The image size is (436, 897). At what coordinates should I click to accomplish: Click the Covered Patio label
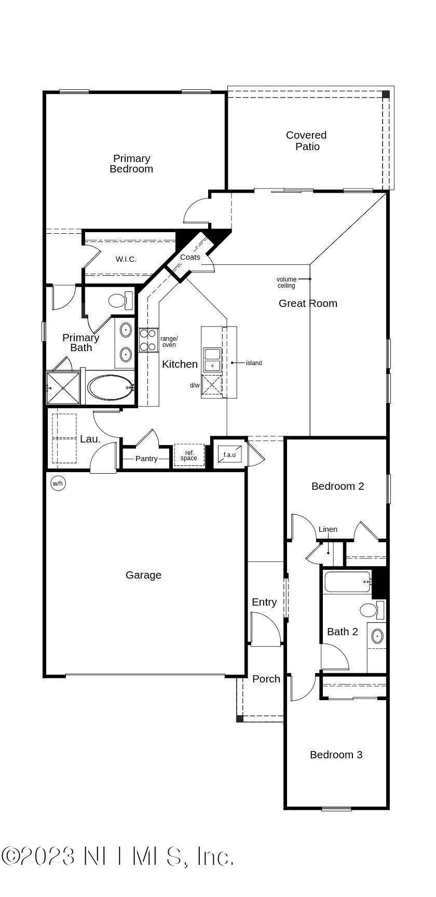coord(307,141)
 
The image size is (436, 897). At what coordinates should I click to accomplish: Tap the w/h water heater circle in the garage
coord(57,484)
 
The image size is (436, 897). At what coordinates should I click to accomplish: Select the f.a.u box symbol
coord(229,454)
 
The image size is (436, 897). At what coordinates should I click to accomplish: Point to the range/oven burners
coord(148,340)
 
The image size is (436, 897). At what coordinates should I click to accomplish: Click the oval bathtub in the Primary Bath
coord(110,387)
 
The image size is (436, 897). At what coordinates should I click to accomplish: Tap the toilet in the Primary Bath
coord(119,300)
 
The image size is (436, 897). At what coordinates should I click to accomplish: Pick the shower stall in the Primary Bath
coord(63,387)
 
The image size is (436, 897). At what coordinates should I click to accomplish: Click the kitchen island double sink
coord(212,360)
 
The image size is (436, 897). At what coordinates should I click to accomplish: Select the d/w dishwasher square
coord(212,385)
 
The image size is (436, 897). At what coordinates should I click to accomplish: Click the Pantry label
coord(146,459)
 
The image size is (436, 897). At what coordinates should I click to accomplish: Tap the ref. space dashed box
coord(189,456)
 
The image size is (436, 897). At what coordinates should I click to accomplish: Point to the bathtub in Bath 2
coord(347,582)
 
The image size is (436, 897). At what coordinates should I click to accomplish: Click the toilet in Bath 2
coord(371,610)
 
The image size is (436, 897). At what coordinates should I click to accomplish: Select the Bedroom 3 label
coord(336,755)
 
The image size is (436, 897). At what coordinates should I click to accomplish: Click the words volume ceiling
coord(286,283)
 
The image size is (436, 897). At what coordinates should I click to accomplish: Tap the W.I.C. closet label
coord(126,259)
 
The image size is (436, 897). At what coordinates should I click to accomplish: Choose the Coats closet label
coord(190,257)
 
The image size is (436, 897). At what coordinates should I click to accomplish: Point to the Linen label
coord(328,529)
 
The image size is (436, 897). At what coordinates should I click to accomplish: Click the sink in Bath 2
coord(377,636)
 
